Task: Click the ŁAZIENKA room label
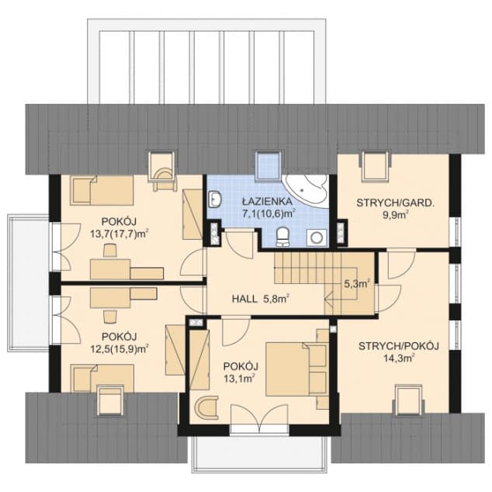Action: click(x=268, y=201)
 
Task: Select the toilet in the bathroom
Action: click(x=282, y=237)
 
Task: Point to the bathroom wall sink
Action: click(x=215, y=199)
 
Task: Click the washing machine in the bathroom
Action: click(x=317, y=237)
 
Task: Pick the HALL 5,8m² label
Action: click(x=261, y=299)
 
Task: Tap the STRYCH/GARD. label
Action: click(x=395, y=203)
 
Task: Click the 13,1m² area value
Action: click(x=239, y=379)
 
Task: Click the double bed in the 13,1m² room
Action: click(x=296, y=369)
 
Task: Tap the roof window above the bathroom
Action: click(x=268, y=166)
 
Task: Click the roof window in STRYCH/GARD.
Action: click(x=376, y=166)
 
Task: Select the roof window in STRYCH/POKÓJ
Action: click(x=408, y=400)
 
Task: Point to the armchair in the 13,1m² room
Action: click(x=206, y=407)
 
